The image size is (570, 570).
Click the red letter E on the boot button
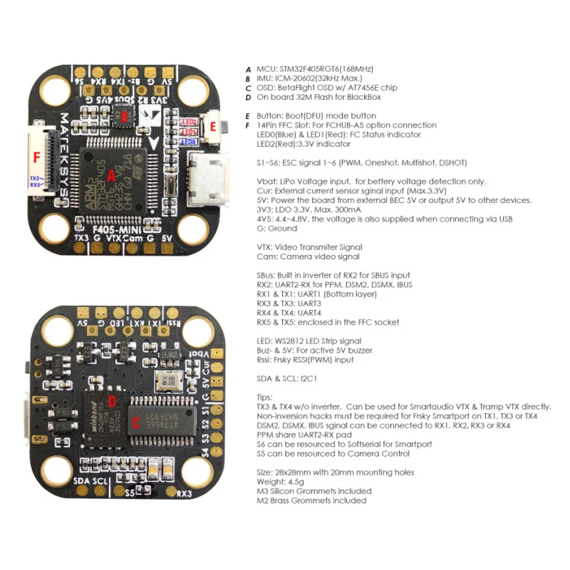click(x=213, y=126)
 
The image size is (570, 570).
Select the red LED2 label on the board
click(x=190, y=122)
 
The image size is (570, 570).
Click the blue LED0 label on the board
click(x=190, y=142)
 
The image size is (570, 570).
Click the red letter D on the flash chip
click(x=111, y=400)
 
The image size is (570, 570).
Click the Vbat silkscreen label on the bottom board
click(x=204, y=354)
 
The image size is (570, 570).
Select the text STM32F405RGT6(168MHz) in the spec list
click(x=324, y=69)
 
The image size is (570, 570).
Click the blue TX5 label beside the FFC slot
click(x=34, y=177)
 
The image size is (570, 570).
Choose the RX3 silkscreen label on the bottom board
click(x=184, y=492)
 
